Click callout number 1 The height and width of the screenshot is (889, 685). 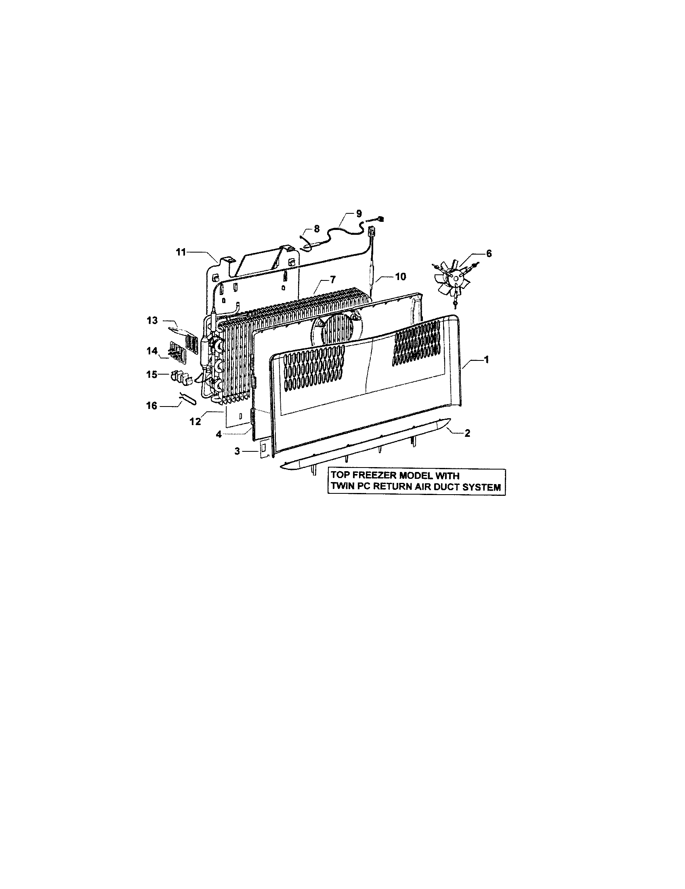486,359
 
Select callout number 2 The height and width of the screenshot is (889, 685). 467,434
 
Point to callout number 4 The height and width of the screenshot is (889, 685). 219,434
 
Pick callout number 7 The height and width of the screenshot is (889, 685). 333,280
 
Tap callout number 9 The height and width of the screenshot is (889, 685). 358,213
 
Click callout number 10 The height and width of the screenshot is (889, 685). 400,277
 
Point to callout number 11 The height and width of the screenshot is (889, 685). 181,253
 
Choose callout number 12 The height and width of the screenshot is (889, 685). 195,421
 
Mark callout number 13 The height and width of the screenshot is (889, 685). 152,321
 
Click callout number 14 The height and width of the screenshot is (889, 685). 152,350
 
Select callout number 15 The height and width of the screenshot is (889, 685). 152,374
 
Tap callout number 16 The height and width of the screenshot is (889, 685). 151,406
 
